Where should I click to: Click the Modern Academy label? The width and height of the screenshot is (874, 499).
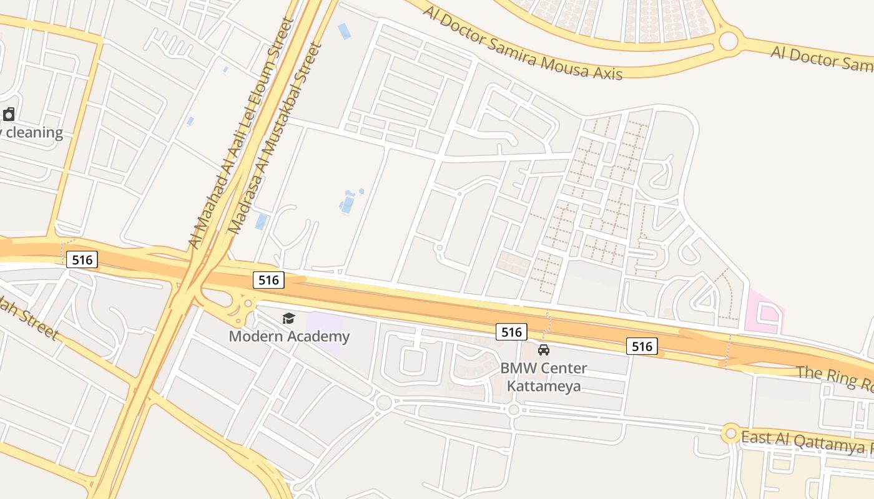tap(289, 337)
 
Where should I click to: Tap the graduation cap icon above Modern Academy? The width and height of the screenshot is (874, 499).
tap(288, 319)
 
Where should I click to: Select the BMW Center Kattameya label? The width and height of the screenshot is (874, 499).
tap(543, 377)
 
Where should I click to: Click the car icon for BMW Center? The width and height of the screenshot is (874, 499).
tap(544, 350)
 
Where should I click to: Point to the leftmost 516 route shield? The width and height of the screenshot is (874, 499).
tap(82, 260)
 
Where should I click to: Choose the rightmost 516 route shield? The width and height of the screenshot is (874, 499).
tap(642, 346)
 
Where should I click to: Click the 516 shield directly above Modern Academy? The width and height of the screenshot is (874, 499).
tap(268, 280)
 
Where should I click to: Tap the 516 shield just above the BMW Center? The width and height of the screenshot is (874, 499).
tap(511, 332)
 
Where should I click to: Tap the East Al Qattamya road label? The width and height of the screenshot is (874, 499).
tap(805, 441)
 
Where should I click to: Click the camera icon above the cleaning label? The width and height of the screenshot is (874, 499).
tap(9, 114)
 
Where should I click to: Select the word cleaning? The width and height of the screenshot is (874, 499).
tap(34, 133)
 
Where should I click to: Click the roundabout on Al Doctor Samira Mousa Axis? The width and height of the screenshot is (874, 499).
tap(729, 41)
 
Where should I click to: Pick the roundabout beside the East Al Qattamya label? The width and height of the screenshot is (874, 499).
tap(730, 433)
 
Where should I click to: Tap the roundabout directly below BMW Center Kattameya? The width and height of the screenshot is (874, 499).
tap(513, 409)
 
